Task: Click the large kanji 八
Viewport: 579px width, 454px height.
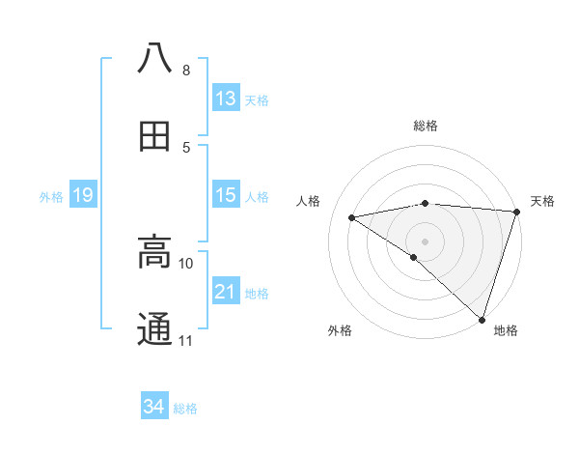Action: click(154, 57)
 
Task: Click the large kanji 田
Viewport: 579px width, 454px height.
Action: click(154, 136)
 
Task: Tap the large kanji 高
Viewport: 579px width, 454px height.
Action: click(154, 251)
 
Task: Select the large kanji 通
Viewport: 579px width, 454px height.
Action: click(154, 329)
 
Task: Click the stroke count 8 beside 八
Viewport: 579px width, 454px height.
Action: click(185, 71)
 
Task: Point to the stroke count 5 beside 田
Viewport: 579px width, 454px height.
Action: click(185, 148)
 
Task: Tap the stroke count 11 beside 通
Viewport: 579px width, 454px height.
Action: click(186, 341)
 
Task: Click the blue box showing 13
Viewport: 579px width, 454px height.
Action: click(226, 99)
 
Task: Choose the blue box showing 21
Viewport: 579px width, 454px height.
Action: click(226, 292)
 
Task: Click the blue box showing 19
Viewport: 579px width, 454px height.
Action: click(83, 196)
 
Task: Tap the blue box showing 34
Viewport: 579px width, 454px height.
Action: click(153, 408)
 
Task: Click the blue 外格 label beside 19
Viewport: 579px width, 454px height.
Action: click(51, 197)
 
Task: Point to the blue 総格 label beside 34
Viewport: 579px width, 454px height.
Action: click(186, 409)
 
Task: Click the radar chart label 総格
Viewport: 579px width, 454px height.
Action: click(426, 126)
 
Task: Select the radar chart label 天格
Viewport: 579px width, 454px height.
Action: click(543, 201)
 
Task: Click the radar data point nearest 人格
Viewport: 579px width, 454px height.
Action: click(352, 217)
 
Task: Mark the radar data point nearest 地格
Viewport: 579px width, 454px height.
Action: click(482, 319)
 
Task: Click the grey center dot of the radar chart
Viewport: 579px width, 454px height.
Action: click(426, 241)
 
